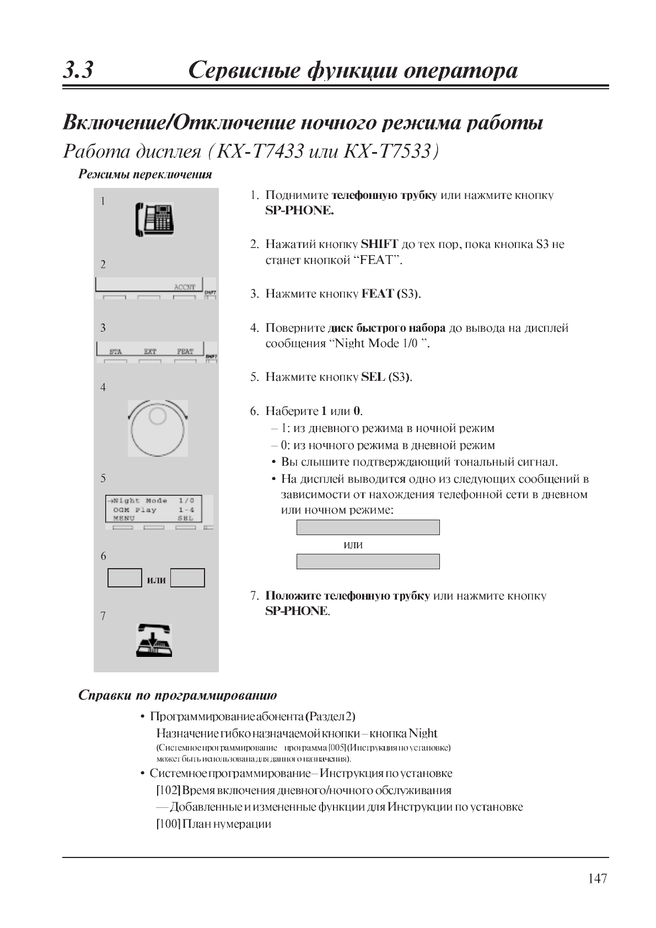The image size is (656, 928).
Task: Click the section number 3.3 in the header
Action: (x=78, y=71)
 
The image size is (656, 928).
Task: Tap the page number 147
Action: (x=597, y=878)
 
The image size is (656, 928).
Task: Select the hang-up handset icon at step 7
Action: (x=154, y=640)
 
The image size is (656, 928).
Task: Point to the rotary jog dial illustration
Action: (x=158, y=428)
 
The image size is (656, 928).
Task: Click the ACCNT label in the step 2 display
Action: (x=185, y=287)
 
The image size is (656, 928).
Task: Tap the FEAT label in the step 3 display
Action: (x=185, y=351)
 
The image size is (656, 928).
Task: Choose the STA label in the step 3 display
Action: (x=115, y=351)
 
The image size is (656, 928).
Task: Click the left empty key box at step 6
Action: (x=125, y=578)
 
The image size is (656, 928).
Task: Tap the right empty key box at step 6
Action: (x=187, y=578)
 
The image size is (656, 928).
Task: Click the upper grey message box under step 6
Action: (x=368, y=527)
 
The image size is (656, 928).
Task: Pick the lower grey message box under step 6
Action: (x=368, y=562)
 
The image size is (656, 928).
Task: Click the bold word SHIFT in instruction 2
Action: (x=379, y=244)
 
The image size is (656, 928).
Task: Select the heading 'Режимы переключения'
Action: (x=146, y=175)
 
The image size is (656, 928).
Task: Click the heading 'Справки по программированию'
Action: (x=178, y=695)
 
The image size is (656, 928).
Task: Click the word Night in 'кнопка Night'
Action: (x=423, y=733)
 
